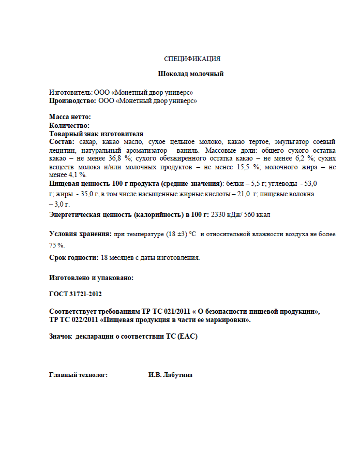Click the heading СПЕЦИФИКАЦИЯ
[x=192, y=59]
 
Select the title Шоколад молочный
[x=191, y=74]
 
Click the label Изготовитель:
[x=70, y=92]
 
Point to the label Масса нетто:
[x=70, y=117]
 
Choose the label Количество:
[x=69, y=125]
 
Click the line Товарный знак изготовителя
[x=96, y=134]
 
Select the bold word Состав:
[x=62, y=141]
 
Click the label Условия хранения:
[x=80, y=234]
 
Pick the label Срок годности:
[x=73, y=257]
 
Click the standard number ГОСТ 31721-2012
[x=76, y=294]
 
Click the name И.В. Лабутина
[x=170, y=374]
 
